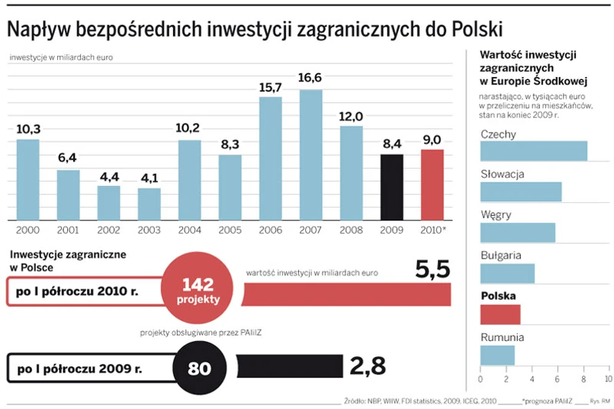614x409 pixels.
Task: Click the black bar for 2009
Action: [x=391, y=188]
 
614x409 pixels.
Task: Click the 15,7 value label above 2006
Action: [x=271, y=88]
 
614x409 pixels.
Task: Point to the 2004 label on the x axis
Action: [x=190, y=230]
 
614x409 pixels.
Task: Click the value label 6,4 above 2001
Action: [x=69, y=158]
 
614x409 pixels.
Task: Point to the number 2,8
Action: [x=368, y=367]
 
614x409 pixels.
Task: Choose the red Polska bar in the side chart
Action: [x=500, y=314]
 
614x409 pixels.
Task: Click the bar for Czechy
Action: [x=533, y=151]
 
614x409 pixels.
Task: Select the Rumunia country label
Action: [x=502, y=336]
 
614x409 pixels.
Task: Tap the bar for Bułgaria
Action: [x=506, y=273]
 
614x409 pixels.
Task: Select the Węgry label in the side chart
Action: [x=496, y=214]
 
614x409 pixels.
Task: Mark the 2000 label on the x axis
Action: [x=27, y=230]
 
